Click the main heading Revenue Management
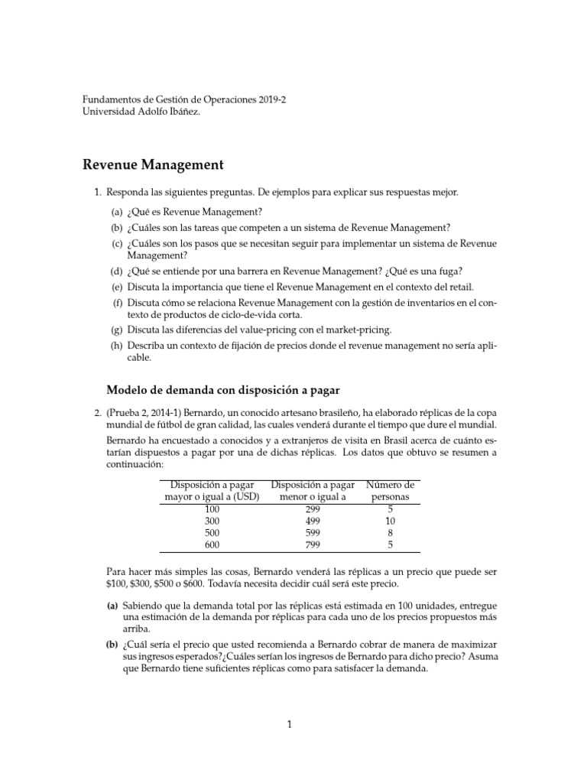[x=152, y=164]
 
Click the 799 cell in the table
[x=313, y=544]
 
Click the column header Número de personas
[x=391, y=491]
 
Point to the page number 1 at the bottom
[x=290, y=726]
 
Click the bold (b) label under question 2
[x=112, y=645]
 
